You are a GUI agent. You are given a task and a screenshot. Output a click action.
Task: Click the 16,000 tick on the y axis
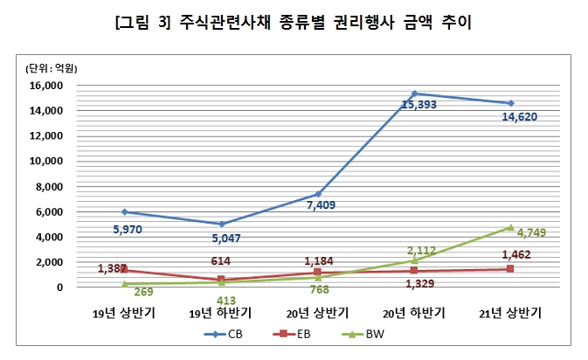tap(47, 86)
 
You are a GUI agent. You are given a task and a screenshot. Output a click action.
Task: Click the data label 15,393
tap(419, 105)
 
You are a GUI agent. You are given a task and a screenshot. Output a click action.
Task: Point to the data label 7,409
tap(319, 206)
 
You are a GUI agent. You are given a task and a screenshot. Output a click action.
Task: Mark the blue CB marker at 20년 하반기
tap(414, 93)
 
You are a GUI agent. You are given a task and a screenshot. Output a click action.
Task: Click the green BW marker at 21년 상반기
tap(511, 227)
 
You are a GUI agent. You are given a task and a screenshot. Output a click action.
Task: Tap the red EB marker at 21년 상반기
tap(511, 268)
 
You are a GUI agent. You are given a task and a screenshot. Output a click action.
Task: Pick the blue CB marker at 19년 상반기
tap(124, 211)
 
